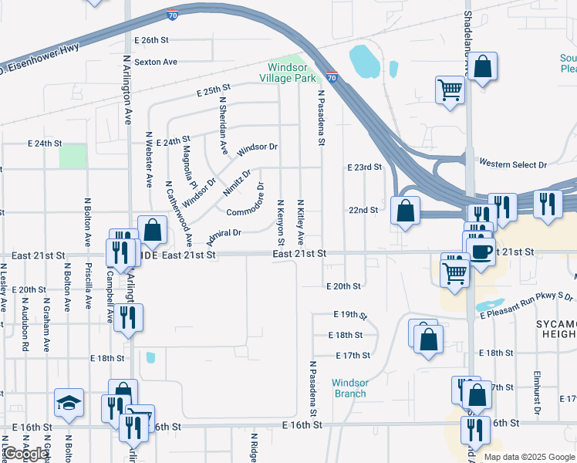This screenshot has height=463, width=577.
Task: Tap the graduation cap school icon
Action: click(x=69, y=403)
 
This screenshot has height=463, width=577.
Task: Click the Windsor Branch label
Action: click(x=350, y=388)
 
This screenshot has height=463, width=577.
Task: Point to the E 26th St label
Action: click(x=150, y=39)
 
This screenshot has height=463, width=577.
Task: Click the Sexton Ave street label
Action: click(x=156, y=62)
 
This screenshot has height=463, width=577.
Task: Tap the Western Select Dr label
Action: click(x=512, y=164)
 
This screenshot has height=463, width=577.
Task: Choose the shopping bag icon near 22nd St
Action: click(x=405, y=210)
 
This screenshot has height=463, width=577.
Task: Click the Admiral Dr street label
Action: click(x=224, y=232)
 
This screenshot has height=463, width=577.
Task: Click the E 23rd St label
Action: click(x=364, y=167)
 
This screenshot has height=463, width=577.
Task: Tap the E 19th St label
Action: click(x=350, y=315)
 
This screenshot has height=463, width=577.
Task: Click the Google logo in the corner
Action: click(x=25, y=454)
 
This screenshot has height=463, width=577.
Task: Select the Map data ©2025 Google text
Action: click(x=529, y=457)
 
